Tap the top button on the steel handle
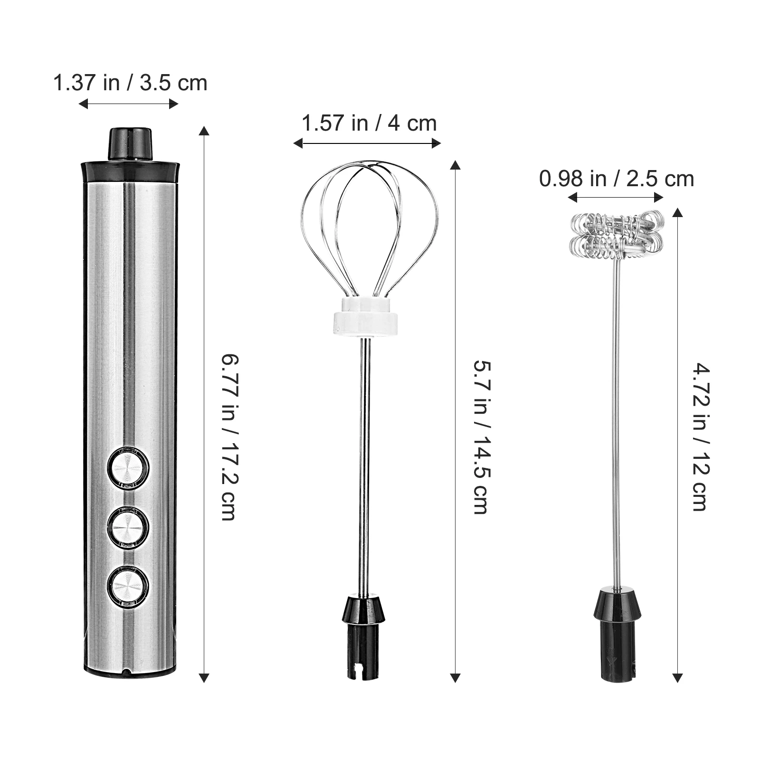pos(128,468)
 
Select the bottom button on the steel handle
pos(128,587)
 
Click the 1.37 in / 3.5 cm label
pos(130,83)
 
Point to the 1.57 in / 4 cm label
pos(369,123)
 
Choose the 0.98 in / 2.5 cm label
pos(617,179)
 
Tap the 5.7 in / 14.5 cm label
pos(481,437)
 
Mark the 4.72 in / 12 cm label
pos(701,437)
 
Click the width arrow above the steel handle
pos(128,104)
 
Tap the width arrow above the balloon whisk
pos(367,143)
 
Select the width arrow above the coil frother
pos(616,197)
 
